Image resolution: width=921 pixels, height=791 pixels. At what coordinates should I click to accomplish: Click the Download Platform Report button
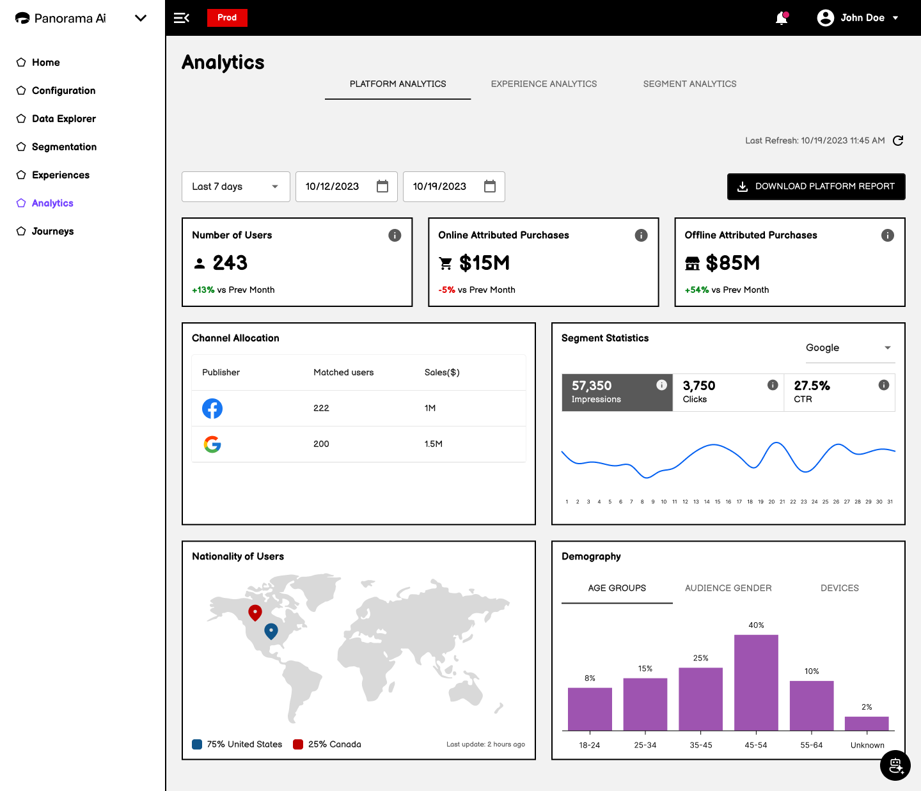tap(816, 186)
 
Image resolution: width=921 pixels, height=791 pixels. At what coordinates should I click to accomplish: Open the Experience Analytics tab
tap(544, 84)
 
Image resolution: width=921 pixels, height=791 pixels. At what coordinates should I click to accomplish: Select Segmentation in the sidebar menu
tap(64, 146)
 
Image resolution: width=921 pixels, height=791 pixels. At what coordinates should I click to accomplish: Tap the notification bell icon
tap(782, 18)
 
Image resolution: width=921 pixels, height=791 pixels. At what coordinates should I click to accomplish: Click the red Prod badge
tap(227, 17)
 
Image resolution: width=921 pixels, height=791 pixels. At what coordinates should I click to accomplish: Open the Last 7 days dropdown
tap(236, 187)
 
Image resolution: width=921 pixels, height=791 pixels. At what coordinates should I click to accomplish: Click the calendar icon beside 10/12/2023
tap(382, 186)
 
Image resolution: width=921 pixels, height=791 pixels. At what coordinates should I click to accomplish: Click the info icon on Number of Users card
tap(395, 235)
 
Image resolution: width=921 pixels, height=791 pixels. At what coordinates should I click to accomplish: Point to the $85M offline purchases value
tap(732, 263)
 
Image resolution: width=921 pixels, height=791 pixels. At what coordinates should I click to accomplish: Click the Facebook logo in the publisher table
tap(212, 408)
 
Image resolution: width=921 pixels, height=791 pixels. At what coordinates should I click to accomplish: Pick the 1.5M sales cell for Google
tap(433, 444)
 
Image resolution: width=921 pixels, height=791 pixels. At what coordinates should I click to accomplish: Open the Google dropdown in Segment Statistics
tap(850, 348)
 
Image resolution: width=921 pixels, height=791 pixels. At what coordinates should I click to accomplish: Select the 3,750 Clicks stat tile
tap(728, 392)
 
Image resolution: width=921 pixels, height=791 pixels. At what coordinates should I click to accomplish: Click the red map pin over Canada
tap(255, 613)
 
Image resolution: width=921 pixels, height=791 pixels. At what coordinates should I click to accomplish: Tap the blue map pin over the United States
tap(271, 631)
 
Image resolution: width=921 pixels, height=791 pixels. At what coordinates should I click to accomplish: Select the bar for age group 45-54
tap(756, 682)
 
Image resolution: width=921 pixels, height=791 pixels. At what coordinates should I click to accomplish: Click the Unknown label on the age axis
tap(867, 745)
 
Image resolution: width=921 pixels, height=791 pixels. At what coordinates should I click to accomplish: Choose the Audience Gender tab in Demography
tap(728, 588)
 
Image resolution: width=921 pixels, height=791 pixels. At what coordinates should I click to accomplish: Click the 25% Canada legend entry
tap(327, 744)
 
